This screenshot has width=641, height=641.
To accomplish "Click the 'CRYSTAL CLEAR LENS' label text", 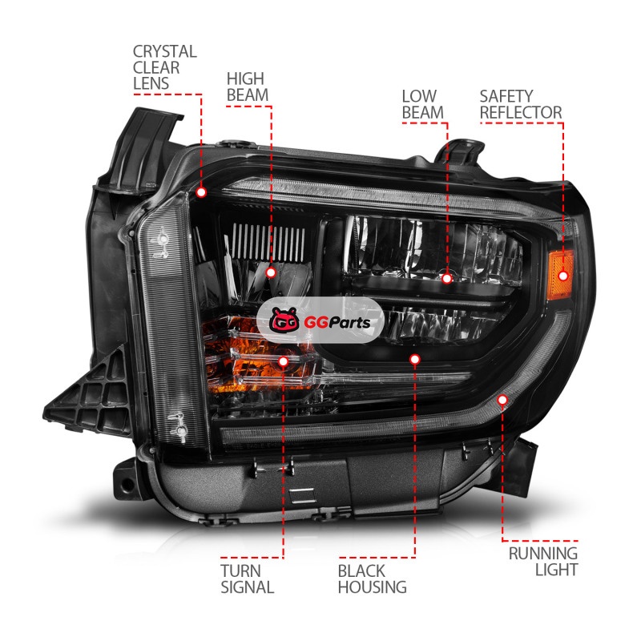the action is tap(165, 67).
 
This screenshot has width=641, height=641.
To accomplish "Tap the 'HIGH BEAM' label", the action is tap(248, 87).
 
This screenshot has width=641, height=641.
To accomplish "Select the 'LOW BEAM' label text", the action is tap(423, 104).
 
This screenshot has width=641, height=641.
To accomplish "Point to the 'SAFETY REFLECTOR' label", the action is tap(521, 104).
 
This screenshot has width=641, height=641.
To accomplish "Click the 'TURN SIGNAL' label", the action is tap(248, 579).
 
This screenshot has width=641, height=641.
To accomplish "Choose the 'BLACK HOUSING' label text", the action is tap(372, 579).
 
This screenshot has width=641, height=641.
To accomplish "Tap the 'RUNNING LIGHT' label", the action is tap(543, 562).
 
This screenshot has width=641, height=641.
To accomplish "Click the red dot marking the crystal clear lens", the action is tap(201, 192).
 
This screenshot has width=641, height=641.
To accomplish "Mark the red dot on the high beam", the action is tap(271, 272).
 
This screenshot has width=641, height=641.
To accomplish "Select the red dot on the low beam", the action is tap(447, 278).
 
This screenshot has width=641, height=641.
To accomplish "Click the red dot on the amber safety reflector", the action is tap(563, 276).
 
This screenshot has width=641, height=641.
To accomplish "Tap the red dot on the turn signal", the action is tap(284, 361).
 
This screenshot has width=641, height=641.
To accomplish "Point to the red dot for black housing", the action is tap(415, 359).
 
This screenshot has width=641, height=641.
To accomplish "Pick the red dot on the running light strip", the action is tap(502, 400).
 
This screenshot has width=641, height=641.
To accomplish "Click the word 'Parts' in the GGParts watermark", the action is tap(349, 323).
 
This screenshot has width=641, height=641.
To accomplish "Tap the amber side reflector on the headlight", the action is tap(560, 275).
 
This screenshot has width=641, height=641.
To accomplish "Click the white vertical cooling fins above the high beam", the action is tap(268, 243).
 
